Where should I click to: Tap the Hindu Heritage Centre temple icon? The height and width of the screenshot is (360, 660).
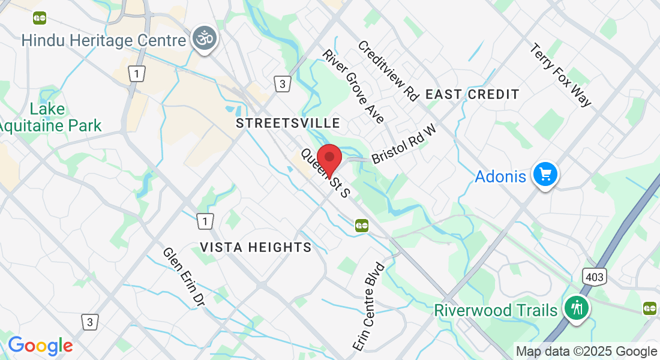pyautogui.click(x=205, y=39)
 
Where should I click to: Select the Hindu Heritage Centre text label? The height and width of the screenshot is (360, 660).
pyautogui.click(x=103, y=41)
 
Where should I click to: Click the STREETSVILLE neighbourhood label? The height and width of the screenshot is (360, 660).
pyautogui.click(x=288, y=124)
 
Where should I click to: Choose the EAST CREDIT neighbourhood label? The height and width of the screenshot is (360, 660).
pyautogui.click(x=472, y=94)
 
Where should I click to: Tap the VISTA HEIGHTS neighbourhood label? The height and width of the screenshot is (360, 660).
pyautogui.click(x=256, y=247)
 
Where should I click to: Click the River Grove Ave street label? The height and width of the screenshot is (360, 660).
pyautogui.click(x=353, y=86)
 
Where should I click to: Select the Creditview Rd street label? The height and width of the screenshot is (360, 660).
pyautogui.click(x=388, y=71)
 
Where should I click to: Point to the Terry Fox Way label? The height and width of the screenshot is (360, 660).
pyautogui.click(x=561, y=75)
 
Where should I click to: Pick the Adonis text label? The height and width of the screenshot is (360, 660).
pyautogui.click(x=500, y=177)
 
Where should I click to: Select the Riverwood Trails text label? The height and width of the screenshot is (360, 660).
pyautogui.click(x=496, y=310)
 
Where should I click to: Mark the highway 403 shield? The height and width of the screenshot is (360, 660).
pyautogui.click(x=594, y=277)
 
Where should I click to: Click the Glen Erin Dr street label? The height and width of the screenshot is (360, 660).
pyautogui.click(x=184, y=278)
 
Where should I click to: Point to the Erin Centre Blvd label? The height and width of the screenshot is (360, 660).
pyautogui.click(x=369, y=307)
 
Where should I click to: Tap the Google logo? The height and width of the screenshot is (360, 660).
pyautogui.click(x=40, y=346)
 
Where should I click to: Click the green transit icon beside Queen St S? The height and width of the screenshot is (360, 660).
pyautogui.click(x=361, y=225)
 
